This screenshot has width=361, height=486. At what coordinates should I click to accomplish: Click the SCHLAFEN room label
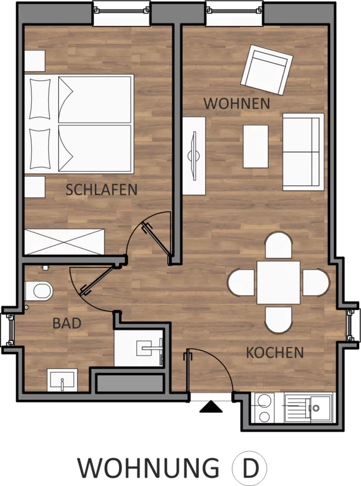pos(101,190)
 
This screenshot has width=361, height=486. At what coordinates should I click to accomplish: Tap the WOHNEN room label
pos(237,103)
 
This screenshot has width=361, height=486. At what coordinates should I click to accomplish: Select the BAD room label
pos(67,323)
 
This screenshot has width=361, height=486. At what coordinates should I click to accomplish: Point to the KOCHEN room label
pos(275,352)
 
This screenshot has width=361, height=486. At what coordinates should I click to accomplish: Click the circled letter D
pos(250,468)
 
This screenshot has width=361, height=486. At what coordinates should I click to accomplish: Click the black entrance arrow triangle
pos(211,407)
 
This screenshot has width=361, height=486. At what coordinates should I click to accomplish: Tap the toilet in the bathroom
pos(39,290)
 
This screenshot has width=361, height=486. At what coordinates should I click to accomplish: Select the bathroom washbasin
pos(62,380)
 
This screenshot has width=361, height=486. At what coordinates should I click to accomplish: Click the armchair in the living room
pos(267,70)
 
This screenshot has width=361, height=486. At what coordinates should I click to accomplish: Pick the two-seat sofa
pos(303,152)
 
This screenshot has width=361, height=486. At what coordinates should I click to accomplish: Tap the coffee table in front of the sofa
pos(256,146)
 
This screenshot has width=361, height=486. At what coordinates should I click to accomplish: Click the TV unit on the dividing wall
pos(194,156)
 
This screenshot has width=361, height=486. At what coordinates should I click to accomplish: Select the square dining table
pos(279,282)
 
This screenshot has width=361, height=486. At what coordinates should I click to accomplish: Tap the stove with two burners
pos(265,408)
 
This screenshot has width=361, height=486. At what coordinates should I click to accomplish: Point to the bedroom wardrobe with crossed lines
pos(64,242)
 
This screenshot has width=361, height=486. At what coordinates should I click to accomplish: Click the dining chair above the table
pos(279,246)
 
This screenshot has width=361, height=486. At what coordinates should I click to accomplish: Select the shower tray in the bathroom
pos(139,348)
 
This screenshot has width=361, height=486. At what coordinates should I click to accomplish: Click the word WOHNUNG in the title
pos(148,468)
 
